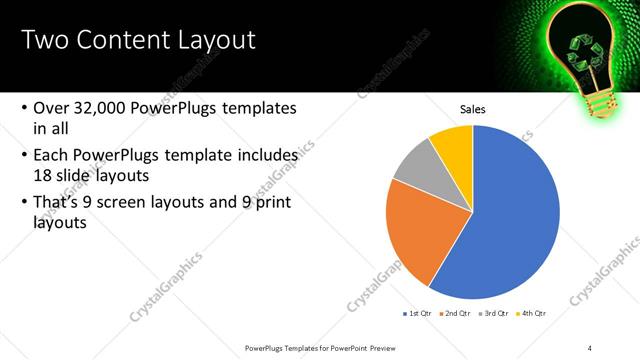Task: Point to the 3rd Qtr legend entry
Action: pyautogui.click(x=494, y=313)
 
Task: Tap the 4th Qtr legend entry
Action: pyautogui.click(x=533, y=313)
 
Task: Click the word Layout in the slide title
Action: pyautogui.click(x=207, y=40)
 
